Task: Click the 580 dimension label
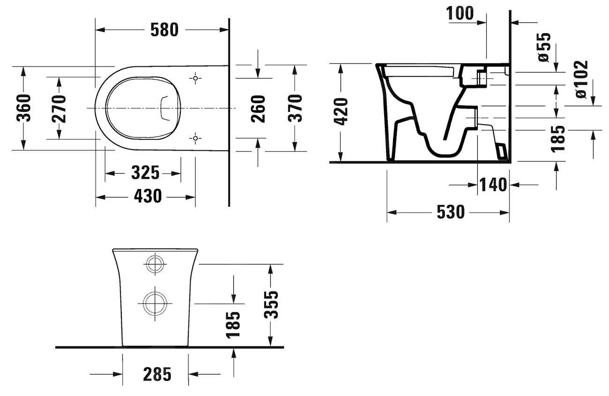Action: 164,30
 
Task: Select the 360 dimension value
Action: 24,108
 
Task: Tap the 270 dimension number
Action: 59,108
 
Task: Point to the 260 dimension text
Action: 258,109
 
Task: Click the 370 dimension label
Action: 295,108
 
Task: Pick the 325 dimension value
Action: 145,173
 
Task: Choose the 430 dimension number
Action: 148,196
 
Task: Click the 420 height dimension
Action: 342,111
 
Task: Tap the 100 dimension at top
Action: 460,14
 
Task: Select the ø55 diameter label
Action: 544,47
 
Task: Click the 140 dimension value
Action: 493,185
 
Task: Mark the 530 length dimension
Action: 450,212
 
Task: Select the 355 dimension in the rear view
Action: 271,305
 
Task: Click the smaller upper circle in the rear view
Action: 155,264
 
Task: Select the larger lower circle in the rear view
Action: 155,304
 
